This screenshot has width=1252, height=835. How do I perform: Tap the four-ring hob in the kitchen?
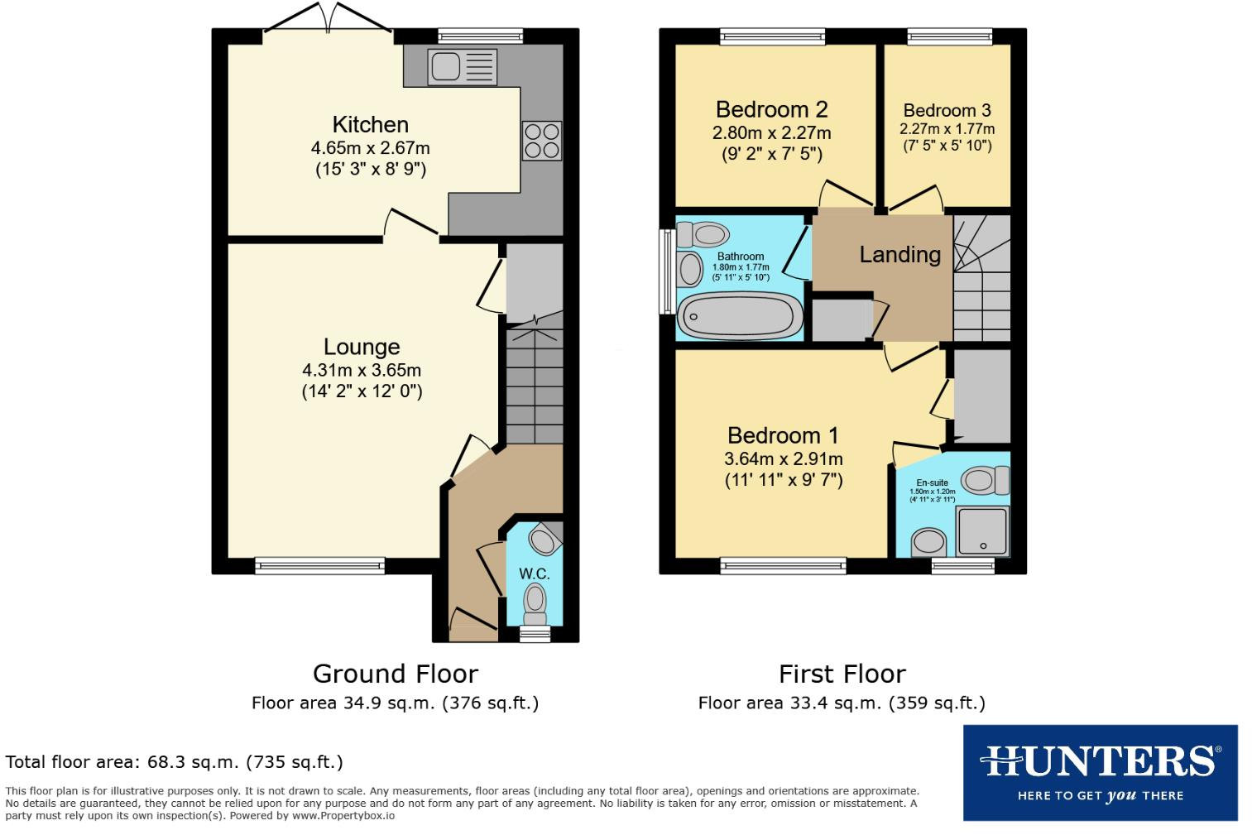(x=541, y=141)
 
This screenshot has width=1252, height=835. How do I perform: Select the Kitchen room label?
(x=370, y=125)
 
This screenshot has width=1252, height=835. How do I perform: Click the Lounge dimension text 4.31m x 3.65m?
(x=362, y=370)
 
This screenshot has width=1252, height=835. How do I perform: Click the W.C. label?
(x=534, y=573)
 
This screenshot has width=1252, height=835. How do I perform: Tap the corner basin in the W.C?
(x=544, y=540)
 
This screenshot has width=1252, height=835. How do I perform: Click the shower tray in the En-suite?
(x=983, y=530)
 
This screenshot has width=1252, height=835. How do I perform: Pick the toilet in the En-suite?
(x=985, y=479)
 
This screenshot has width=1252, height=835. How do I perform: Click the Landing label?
(x=899, y=255)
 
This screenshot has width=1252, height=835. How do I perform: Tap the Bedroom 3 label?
(x=947, y=111)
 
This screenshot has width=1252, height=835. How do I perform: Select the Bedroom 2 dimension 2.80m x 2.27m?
(x=771, y=132)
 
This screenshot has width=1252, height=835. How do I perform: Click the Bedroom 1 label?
(x=782, y=435)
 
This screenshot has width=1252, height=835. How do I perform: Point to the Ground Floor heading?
(x=395, y=674)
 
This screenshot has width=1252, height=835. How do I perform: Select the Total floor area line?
(x=174, y=762)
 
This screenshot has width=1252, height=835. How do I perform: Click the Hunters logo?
(x=1100, y=773)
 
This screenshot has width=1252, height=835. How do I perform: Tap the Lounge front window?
(x=319, y=566)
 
